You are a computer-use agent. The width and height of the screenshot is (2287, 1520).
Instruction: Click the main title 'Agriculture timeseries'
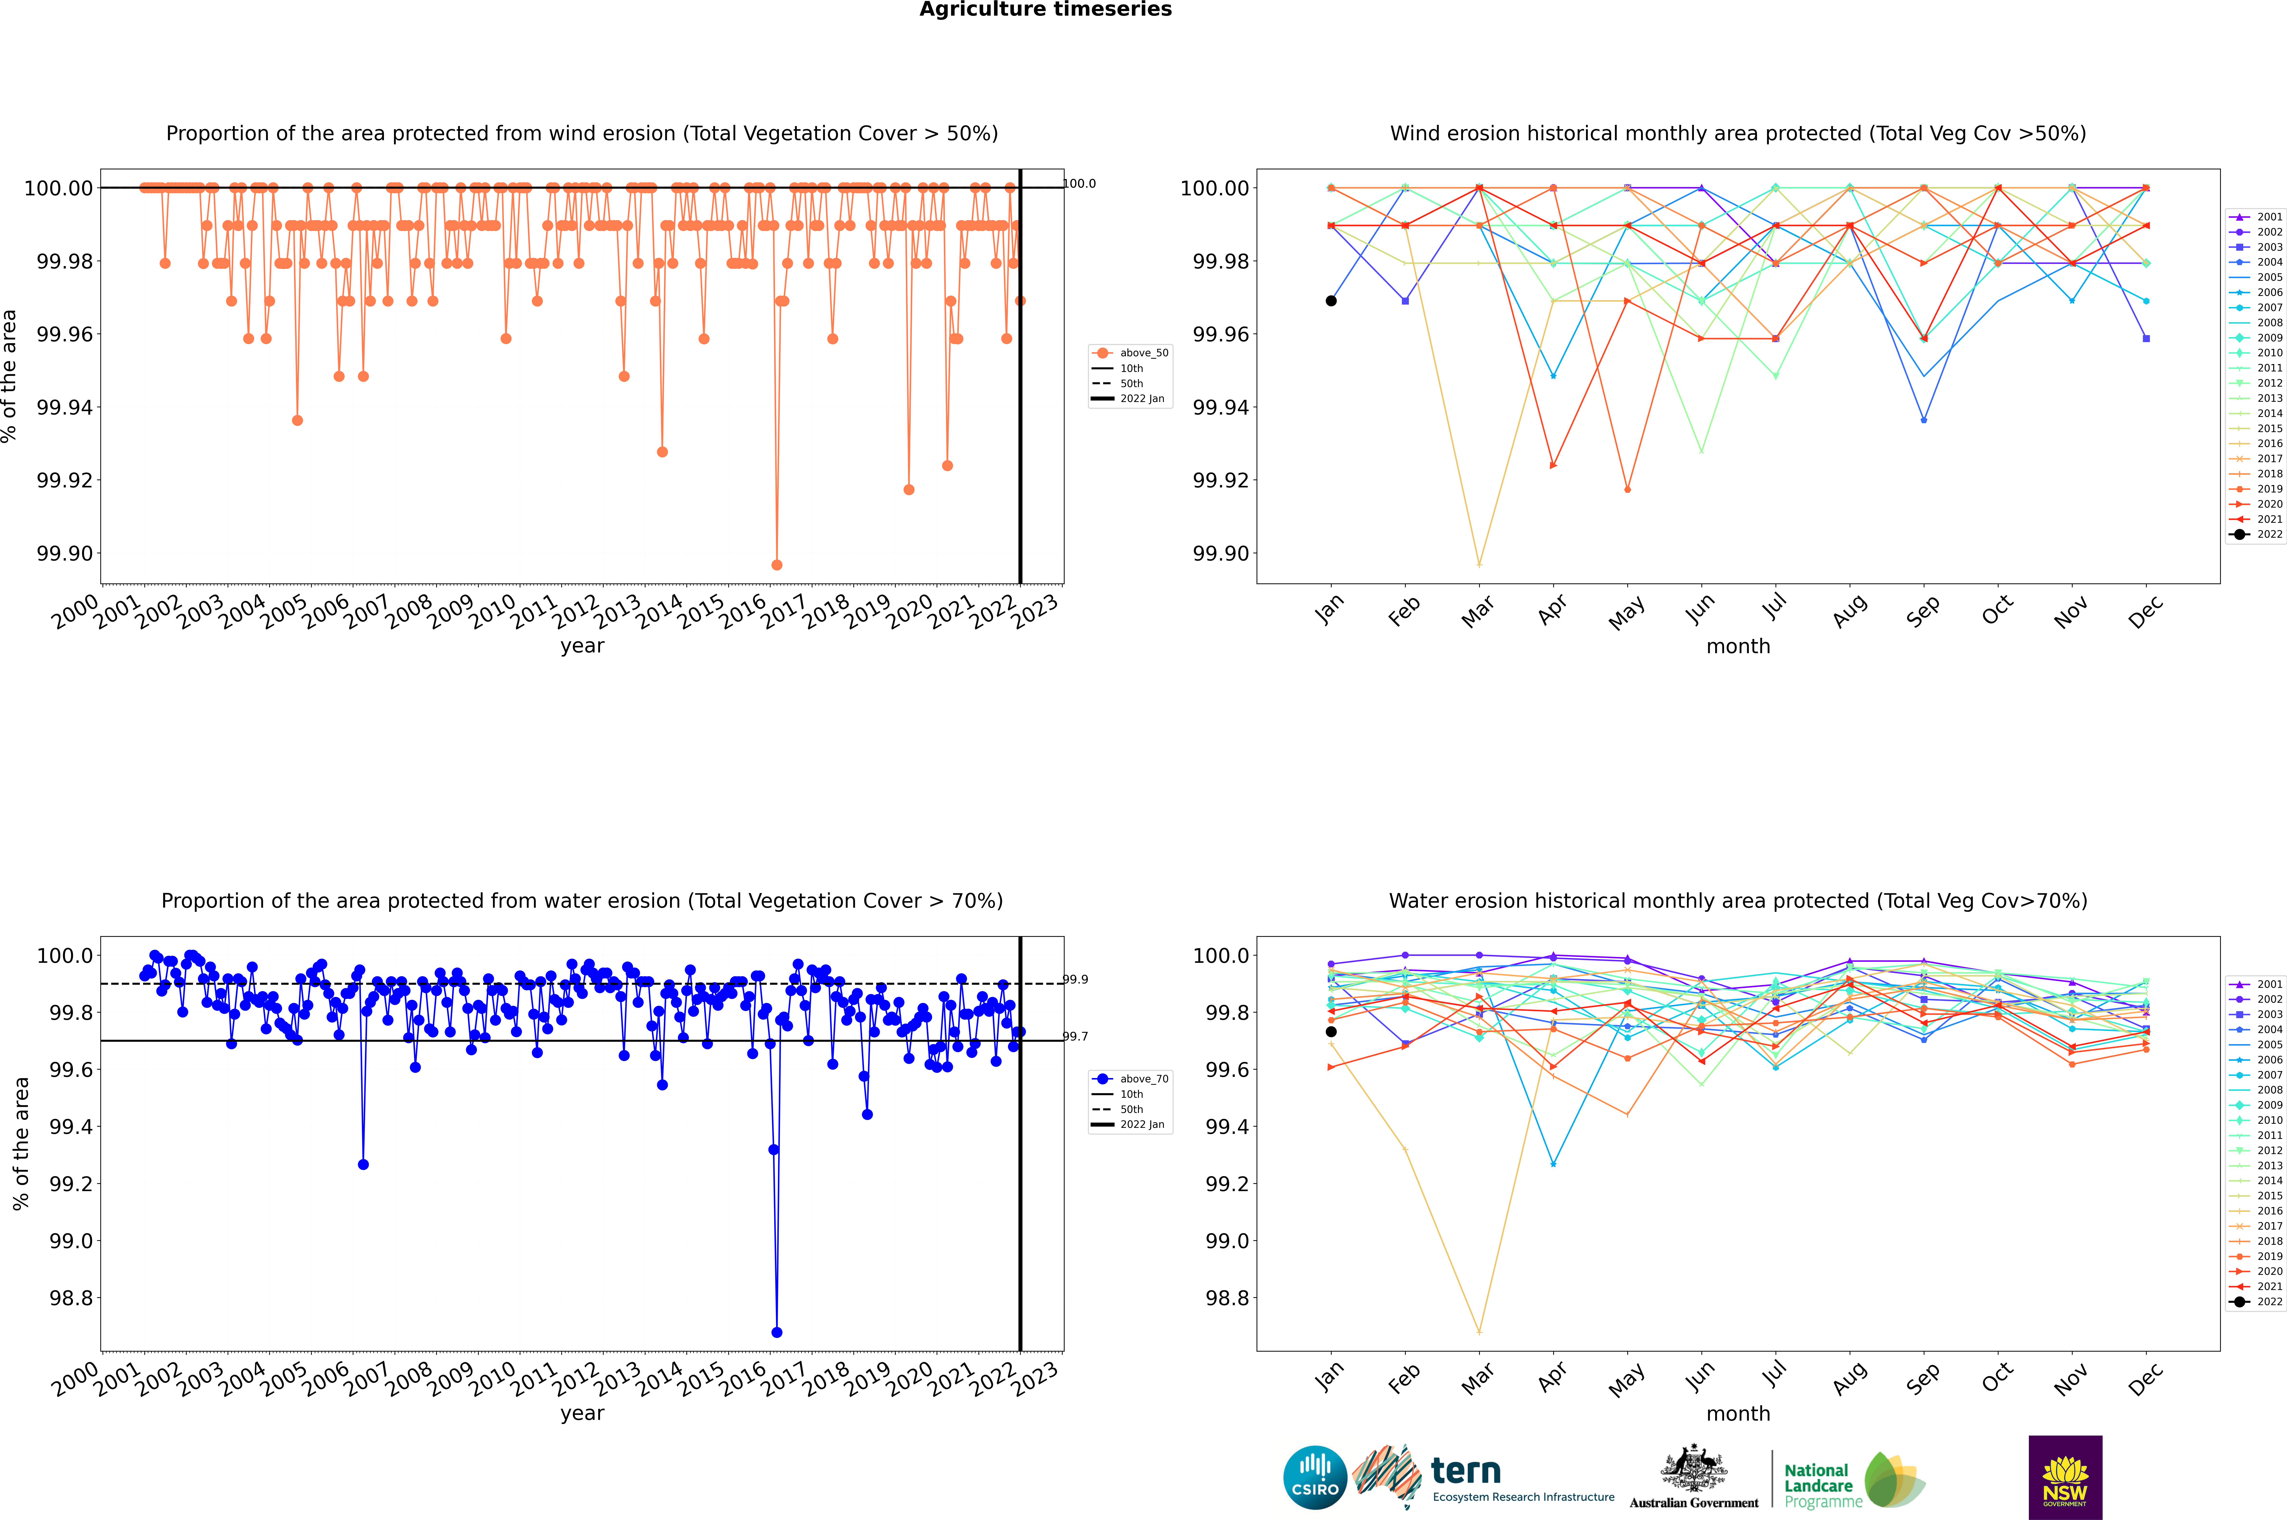[1045, 10]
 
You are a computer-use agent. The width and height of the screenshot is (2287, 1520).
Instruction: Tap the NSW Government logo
[2065, 1477]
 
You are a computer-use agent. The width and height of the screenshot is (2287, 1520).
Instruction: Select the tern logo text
[1466, 1472]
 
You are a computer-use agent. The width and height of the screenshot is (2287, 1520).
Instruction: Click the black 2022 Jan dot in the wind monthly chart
[1331, 300]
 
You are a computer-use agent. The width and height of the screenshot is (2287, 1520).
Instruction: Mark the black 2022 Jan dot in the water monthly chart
[1331, 1031]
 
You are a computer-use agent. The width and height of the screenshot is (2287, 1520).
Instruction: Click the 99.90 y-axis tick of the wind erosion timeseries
[66, 554]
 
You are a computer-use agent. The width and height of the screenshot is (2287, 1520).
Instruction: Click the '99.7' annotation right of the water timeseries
[1075, 1036]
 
